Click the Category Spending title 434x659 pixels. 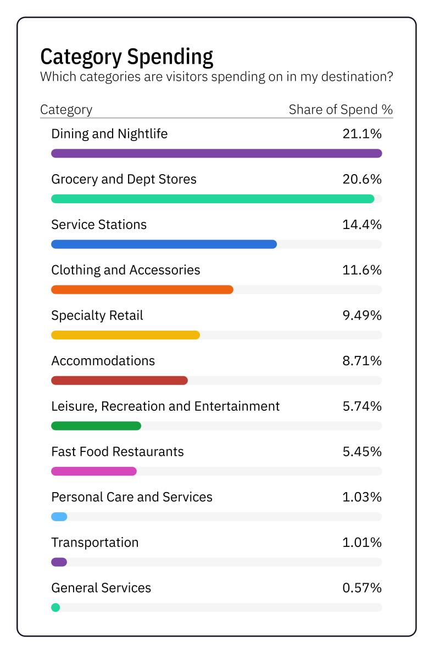[127, 57]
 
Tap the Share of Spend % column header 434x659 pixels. [341, 109]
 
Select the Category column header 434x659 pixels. [66, 109]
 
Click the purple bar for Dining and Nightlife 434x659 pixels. [216, 153]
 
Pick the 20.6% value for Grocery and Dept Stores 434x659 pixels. [361, 180]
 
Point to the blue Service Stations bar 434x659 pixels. [164, 244]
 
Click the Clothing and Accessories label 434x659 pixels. [125, 270]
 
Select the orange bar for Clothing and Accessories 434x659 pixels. [142, 289]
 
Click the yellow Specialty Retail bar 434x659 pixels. [125, 335]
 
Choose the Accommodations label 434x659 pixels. [103, 361]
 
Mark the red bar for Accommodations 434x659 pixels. [119, 381]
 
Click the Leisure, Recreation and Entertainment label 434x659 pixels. [165, 406]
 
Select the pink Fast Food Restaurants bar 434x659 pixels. [93, 471]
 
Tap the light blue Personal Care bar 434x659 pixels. [59, 517]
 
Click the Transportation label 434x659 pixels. [94, 543]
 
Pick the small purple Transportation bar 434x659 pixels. [59, 562]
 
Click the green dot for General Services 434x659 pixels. [55, 607]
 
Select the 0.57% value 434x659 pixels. [361, 588]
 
